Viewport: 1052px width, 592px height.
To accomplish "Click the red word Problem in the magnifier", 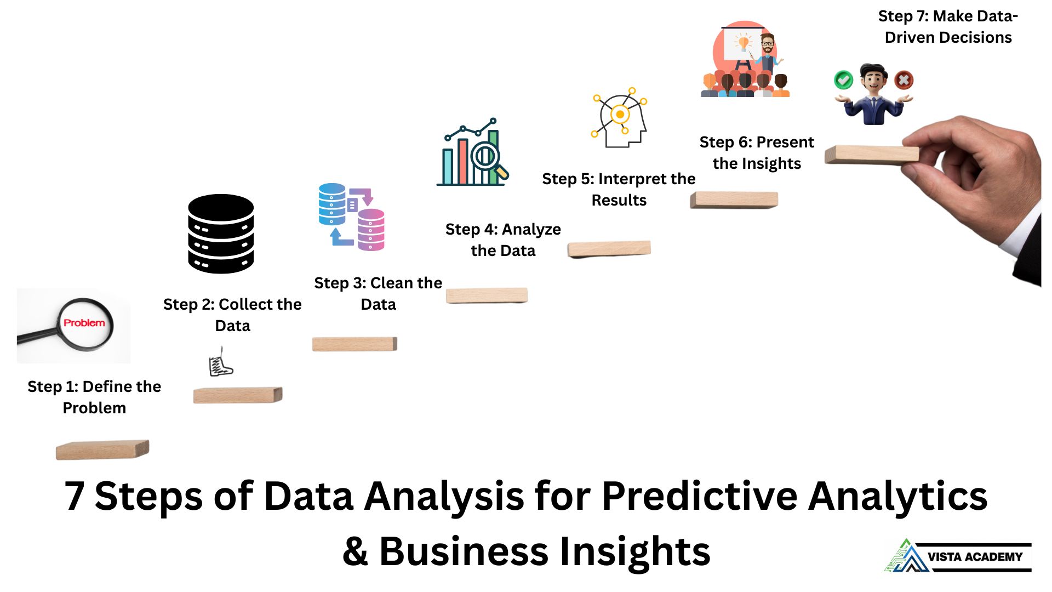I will tap(84, 323).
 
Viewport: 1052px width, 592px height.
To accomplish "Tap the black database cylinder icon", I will tap(221, 234).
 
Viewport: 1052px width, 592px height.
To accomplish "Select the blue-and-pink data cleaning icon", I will tap(352, 217).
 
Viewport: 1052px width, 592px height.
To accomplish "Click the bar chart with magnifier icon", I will tap(473, 153).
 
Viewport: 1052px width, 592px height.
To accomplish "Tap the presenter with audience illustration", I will tap(745, 60).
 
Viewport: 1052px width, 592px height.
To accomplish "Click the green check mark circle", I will tap(843, 80).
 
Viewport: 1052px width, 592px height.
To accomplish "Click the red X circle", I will tap(904, 80).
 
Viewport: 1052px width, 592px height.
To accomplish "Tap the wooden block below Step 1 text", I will tap(102, 449).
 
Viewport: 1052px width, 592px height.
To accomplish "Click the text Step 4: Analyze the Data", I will tap(503, 240).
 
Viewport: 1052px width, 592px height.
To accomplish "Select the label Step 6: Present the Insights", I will tap(757, 152).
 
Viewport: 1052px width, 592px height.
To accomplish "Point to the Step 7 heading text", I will tap(948, 26).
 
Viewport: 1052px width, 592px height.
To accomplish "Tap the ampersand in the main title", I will tap(355, 551).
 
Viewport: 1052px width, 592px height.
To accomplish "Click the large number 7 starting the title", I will tap(74, 496).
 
